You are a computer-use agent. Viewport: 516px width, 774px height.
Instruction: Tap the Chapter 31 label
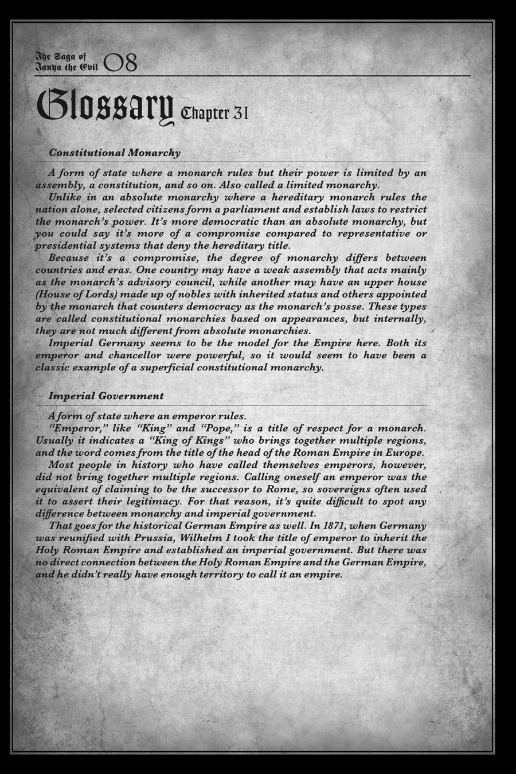point(214,114)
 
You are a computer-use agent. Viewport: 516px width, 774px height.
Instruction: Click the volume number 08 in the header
point(121,63)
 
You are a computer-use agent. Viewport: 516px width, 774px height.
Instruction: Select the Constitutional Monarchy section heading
point(115,153)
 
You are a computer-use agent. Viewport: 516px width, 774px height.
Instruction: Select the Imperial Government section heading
point(106,396)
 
